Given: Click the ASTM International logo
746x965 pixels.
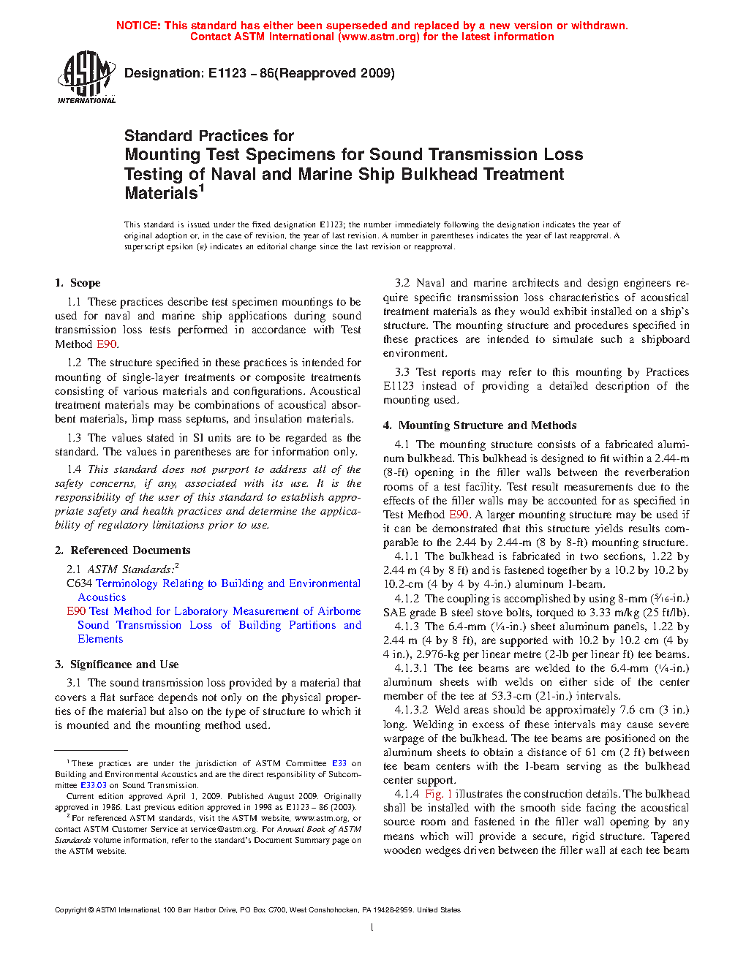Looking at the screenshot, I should tap(86, 77).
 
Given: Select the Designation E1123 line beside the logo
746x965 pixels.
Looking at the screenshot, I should tap(260, 73).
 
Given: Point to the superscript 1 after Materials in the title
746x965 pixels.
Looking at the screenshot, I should tap(202, 188).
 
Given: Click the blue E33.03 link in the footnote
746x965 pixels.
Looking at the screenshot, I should tap(94, 785).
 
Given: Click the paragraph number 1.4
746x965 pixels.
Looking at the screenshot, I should tap(74, 469).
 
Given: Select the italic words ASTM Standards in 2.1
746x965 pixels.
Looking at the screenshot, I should tap(131, 569).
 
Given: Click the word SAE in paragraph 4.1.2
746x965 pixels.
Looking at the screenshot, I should tap(394, 613).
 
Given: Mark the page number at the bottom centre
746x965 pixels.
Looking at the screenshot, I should tap(372, 928).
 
